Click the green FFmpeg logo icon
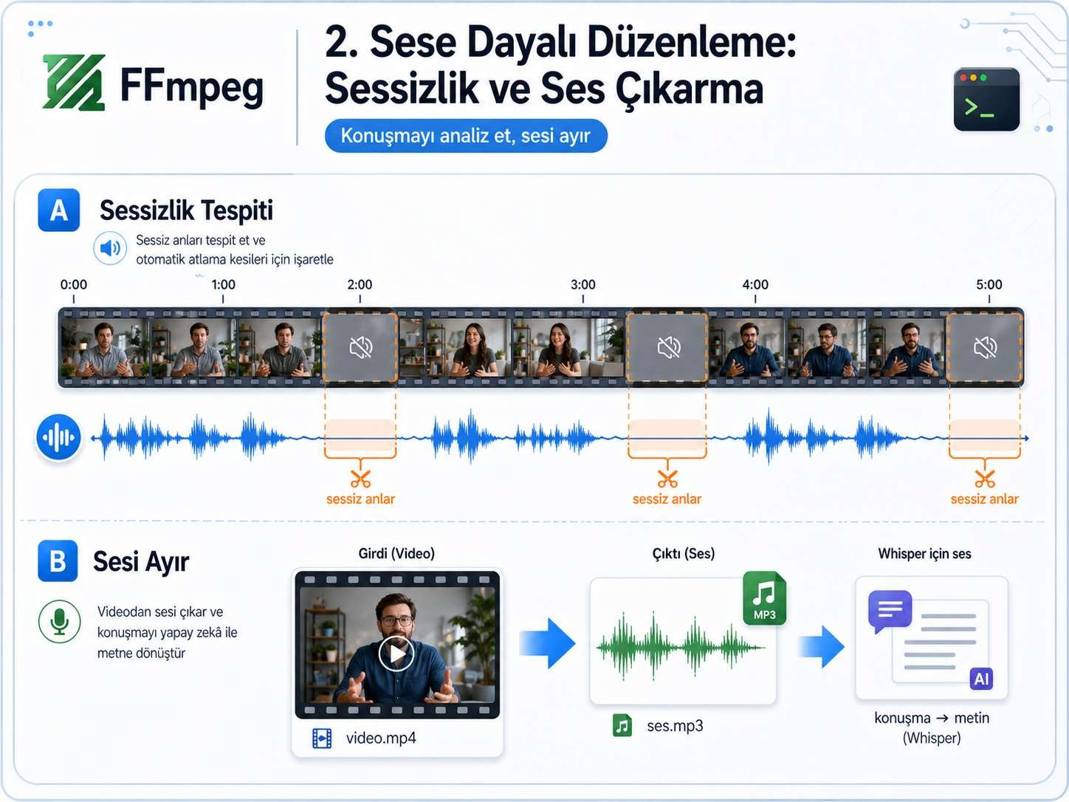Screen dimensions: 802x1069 (x=73, y=83)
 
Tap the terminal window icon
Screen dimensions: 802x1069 (x=986, y=100)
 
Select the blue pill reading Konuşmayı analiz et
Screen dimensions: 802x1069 (x=466, y=136)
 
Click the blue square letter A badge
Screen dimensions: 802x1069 (x=59, y=210)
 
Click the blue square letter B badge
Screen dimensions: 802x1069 (x=58, y=561)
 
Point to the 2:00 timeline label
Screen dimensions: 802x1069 (x=360, y=285)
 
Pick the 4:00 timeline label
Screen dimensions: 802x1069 (x=755, y=285)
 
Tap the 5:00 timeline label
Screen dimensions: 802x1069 (x=989, y=285)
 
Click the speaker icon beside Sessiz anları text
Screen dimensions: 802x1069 (x=110, y=248)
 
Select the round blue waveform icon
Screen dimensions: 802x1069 (x=59, y=437)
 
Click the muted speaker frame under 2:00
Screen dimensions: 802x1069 (x=360, y=347)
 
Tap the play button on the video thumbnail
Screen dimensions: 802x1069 (x=396, y=654)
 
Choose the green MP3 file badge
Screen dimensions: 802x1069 (x=764, y=597)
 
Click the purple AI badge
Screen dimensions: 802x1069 (x=981, y=679)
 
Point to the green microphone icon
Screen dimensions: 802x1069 (x=60, y=621)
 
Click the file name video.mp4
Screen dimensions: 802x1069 (x=381, y=738)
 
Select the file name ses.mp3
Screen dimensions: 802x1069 (x=675, y=726)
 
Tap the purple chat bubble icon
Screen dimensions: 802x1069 (x=890, y=610)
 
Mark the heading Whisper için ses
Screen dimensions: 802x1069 (x=924, y=554)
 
